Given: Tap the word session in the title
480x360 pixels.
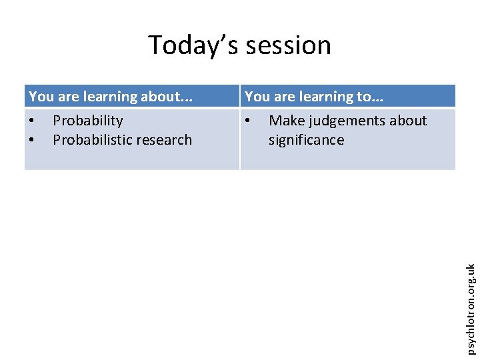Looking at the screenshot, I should click(288, 45).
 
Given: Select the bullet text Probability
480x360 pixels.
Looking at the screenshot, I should click(88, 121).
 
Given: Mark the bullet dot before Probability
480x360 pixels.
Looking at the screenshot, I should click(32, 121).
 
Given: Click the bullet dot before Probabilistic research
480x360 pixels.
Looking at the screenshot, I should click(32, 141).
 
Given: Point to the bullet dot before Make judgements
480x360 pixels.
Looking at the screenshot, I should click(248, 121).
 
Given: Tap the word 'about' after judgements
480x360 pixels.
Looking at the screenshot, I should click(407, 121).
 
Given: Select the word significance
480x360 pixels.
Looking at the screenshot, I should click(306, 140).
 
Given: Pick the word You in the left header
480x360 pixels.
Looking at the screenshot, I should click(41, 97).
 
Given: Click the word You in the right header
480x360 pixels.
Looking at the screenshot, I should click(257, 97).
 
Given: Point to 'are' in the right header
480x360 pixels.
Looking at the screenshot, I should click(285, 97).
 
